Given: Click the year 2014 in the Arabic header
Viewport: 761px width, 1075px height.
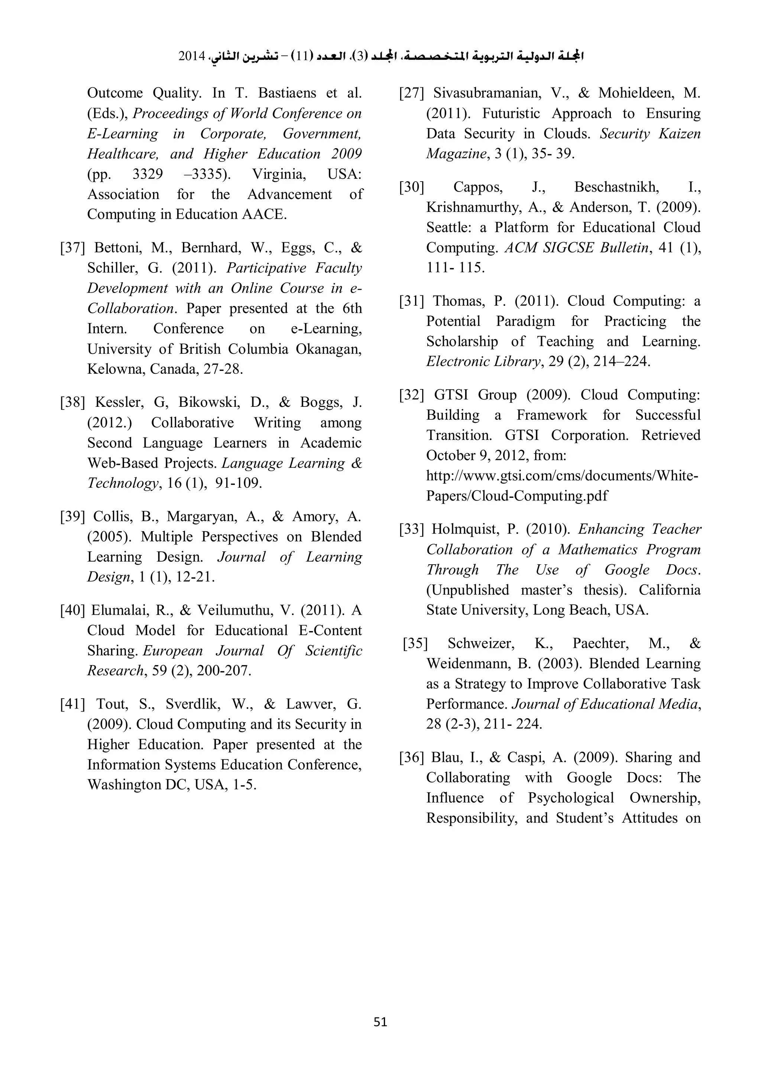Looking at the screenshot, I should pos(192,57).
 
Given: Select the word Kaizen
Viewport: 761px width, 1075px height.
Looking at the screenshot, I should pos(680,134).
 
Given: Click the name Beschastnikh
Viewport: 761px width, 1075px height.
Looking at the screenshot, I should pos(616,187).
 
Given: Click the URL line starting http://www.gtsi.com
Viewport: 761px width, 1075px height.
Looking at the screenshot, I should pos(562,476).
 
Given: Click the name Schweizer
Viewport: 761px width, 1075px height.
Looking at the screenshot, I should pos(480,643).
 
